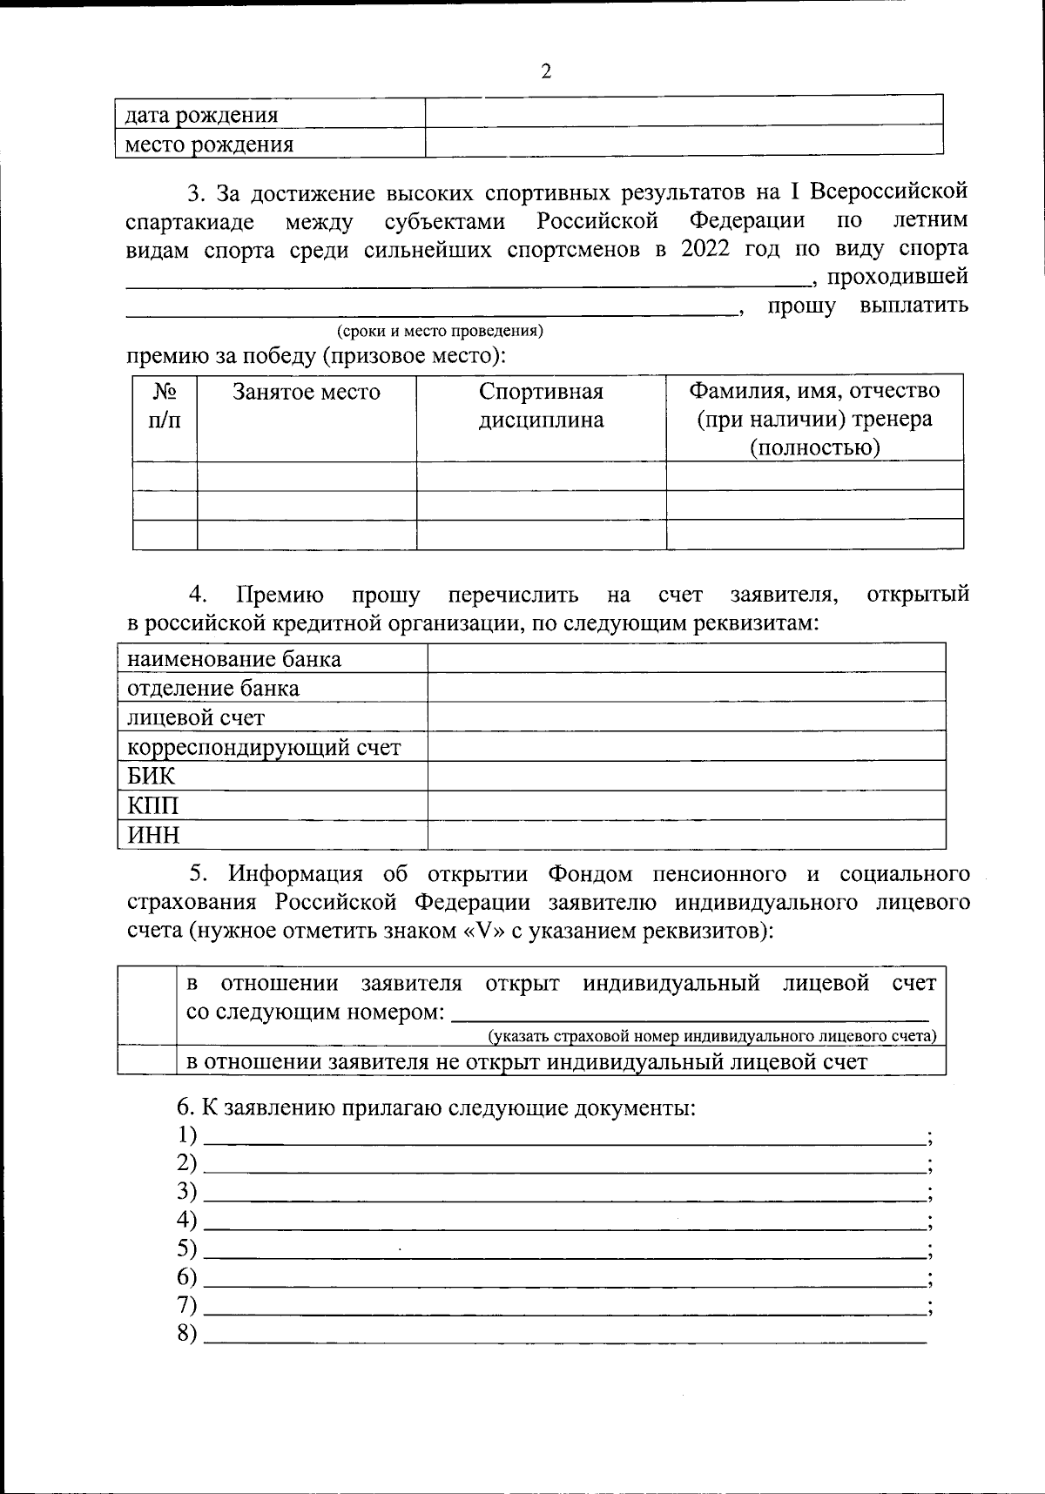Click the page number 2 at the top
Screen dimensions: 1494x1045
(546, 71)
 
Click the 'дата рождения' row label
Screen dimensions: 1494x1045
(201, 115)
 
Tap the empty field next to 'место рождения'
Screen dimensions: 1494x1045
(684, 141)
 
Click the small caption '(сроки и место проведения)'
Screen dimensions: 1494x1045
(440, 331)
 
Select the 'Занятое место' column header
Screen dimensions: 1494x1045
(307, 392)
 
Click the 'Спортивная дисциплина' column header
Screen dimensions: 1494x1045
(541, 405)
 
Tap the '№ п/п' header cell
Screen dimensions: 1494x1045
(165, 406)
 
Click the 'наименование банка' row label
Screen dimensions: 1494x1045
(234, 659)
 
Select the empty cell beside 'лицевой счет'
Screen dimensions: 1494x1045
(686, 717)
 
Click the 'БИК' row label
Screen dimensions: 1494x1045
(152, 776)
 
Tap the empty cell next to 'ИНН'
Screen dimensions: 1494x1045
(686, 835)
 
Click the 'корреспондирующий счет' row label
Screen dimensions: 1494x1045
(264, 747)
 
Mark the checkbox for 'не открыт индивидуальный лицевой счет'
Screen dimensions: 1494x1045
(147, 1060)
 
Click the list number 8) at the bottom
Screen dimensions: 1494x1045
(187, 1334)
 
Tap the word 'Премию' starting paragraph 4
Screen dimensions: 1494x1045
(280, 595)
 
